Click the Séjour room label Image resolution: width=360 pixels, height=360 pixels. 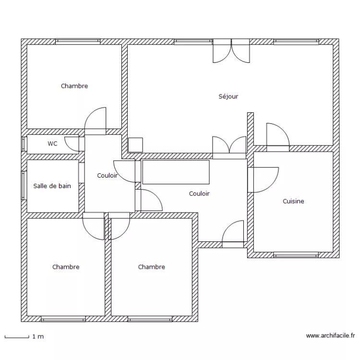click(x=228, y=96)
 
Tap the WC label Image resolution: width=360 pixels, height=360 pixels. click(x=52, y=143)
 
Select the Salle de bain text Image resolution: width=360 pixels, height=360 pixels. click(x=52, y=186)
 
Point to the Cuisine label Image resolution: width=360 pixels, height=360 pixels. click(x=293, y=201)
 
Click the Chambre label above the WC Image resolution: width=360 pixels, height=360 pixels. click(x=74, y=86)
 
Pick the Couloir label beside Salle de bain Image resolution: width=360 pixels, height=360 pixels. click(x=107, y=176)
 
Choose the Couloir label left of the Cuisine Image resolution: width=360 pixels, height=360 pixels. click(x=199, y=194)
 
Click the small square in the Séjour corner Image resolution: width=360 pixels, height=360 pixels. click(x=135, y=145)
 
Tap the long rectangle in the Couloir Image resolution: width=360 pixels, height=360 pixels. click(x=176, y=172)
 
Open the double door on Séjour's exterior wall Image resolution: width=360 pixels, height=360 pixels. click(x=231, y=51)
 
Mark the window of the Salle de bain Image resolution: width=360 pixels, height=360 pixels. click(x=23, y=185)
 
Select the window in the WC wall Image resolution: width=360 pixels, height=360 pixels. click(x=23, y=144)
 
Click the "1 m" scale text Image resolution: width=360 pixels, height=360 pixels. click(x=38, y=337)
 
